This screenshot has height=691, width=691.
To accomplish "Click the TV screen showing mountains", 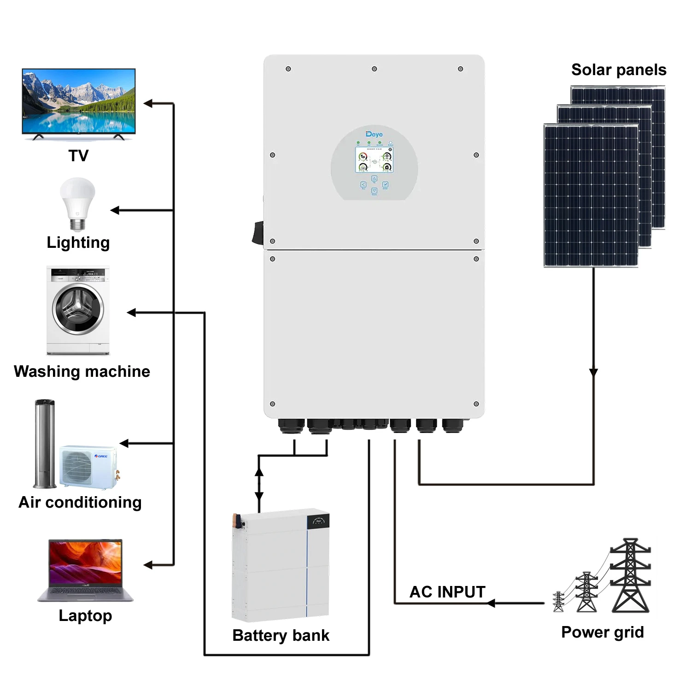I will tap(79, 101).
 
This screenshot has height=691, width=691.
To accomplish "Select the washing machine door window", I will tap(78, 309).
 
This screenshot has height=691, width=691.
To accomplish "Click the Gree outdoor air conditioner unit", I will tap(88, 466).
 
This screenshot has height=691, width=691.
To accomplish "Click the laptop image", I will tap(85, 570).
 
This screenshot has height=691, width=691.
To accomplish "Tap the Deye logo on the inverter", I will tap(374, 134).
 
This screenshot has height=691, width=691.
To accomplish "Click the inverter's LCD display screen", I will tap(374, 160).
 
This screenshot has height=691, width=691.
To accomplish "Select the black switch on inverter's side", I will tap(258, 233).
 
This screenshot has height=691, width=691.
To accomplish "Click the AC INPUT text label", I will tap(447, 592).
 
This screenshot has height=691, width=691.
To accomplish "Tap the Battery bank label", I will tap(281, 635).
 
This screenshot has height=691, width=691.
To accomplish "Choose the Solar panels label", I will tap(618, 70).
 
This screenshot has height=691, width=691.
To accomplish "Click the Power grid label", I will tap(602, 632).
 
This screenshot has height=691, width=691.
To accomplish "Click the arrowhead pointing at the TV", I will tap(148, 103).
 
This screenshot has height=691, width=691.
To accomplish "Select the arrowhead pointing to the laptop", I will tap(148, 565).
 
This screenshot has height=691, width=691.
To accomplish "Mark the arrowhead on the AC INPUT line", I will tap(491, 603).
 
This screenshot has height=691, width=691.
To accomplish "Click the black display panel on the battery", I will tap(318, 521).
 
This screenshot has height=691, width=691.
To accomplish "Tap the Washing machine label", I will tap(82, 371).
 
